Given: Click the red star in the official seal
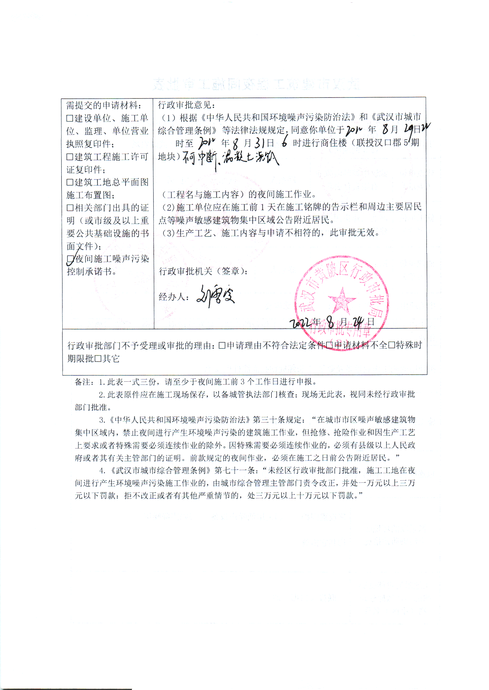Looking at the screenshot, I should point(342,300).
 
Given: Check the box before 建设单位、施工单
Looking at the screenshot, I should point(70,118).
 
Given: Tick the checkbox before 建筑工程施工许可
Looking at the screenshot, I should point(70,157).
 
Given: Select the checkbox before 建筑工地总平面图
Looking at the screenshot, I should point(70,182).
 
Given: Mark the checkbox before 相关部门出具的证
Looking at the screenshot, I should point(70,208).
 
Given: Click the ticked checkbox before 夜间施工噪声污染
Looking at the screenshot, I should point(70,259).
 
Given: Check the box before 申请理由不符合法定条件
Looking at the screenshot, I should point(222,345).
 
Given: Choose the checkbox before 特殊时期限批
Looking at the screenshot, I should point(391,345).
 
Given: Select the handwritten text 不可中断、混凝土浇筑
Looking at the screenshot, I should point(231,158).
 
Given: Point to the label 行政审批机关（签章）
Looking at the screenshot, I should point(203,272).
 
